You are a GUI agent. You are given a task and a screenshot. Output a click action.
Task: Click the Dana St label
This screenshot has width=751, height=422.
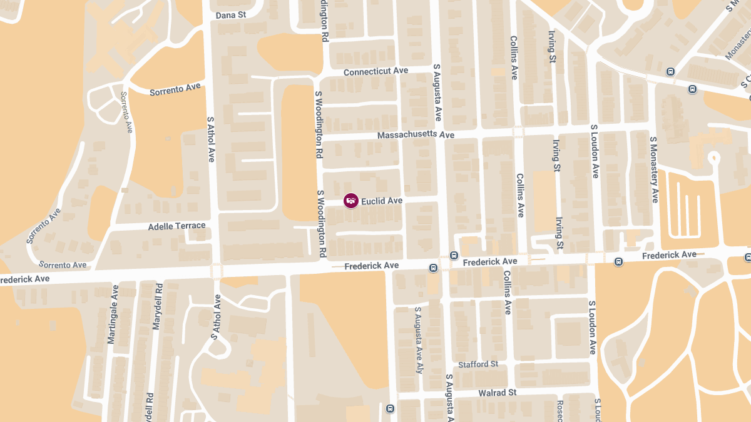pos(231,15)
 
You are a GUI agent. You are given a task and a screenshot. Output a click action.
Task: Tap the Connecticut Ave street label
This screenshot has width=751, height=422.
pos(375,71)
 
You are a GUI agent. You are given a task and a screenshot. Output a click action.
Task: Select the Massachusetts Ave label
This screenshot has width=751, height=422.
pos(416,135)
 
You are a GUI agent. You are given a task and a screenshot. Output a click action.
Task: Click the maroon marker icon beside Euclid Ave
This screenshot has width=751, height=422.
pos(351,201)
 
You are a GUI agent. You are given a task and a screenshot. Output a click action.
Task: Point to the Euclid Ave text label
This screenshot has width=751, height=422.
pos(382,201)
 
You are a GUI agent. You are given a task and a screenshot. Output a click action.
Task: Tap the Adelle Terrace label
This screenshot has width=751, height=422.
pos(176,226)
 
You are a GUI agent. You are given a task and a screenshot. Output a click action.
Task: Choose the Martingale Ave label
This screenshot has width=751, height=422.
pos(113,314)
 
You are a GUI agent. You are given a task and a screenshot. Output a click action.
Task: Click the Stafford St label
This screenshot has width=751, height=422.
pos(478,364)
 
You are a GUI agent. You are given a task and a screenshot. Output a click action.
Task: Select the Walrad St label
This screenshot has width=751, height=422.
pos(497,393)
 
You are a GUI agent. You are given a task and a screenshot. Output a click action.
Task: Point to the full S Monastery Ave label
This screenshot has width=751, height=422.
pos(654,169)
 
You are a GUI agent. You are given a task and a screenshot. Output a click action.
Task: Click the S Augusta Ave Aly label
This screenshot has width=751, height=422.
pos(419,340)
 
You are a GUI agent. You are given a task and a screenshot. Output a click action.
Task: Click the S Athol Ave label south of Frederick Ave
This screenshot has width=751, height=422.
pos(215,317)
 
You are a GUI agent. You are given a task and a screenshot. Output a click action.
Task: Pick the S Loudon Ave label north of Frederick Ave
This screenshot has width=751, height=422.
pos(594,151)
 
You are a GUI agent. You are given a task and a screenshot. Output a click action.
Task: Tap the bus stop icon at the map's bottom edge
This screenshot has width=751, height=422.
pos(391,409)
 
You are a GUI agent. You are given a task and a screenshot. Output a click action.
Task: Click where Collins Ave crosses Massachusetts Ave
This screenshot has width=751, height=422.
pos(518,132)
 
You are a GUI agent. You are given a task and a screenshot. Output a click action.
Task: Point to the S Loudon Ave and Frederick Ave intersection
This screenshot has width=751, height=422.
pos(592,258)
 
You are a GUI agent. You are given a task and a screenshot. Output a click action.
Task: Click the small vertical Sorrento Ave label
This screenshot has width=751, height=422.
pos(127,112)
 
